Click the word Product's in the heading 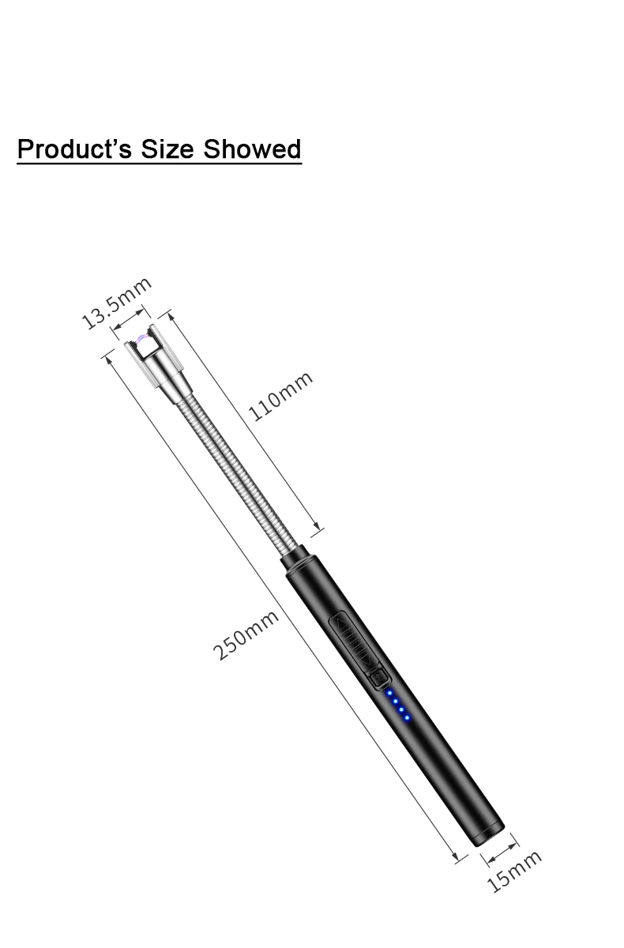74,149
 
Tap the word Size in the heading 167,149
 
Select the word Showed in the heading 252,149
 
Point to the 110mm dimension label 280,396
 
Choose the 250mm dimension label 246,635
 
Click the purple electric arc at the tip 141,338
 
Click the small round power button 378,677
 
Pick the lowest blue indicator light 407,718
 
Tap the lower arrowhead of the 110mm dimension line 317,526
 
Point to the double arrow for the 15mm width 502,852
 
